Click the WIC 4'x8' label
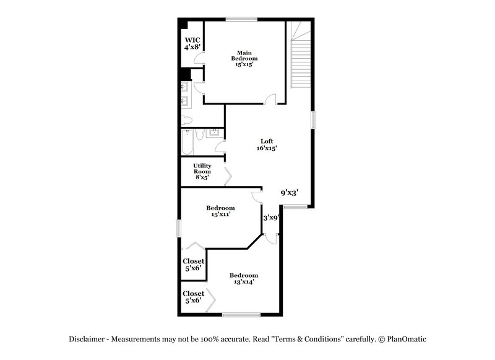pos(191,43)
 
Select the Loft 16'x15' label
pos(267,144)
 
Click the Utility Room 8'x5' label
pos(202,171)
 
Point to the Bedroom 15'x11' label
pos(220,212)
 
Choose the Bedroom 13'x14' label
pos(244,278)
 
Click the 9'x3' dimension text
pos(290,193)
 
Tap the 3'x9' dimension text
pos(272,217)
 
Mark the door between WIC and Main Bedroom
pos(199,59)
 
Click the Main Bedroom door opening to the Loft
pos(270,100)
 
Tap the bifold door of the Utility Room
pos(228,178)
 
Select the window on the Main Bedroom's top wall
pos(241,17)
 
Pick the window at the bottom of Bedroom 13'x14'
pos(241,315)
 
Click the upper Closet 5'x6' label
pos(193,265)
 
